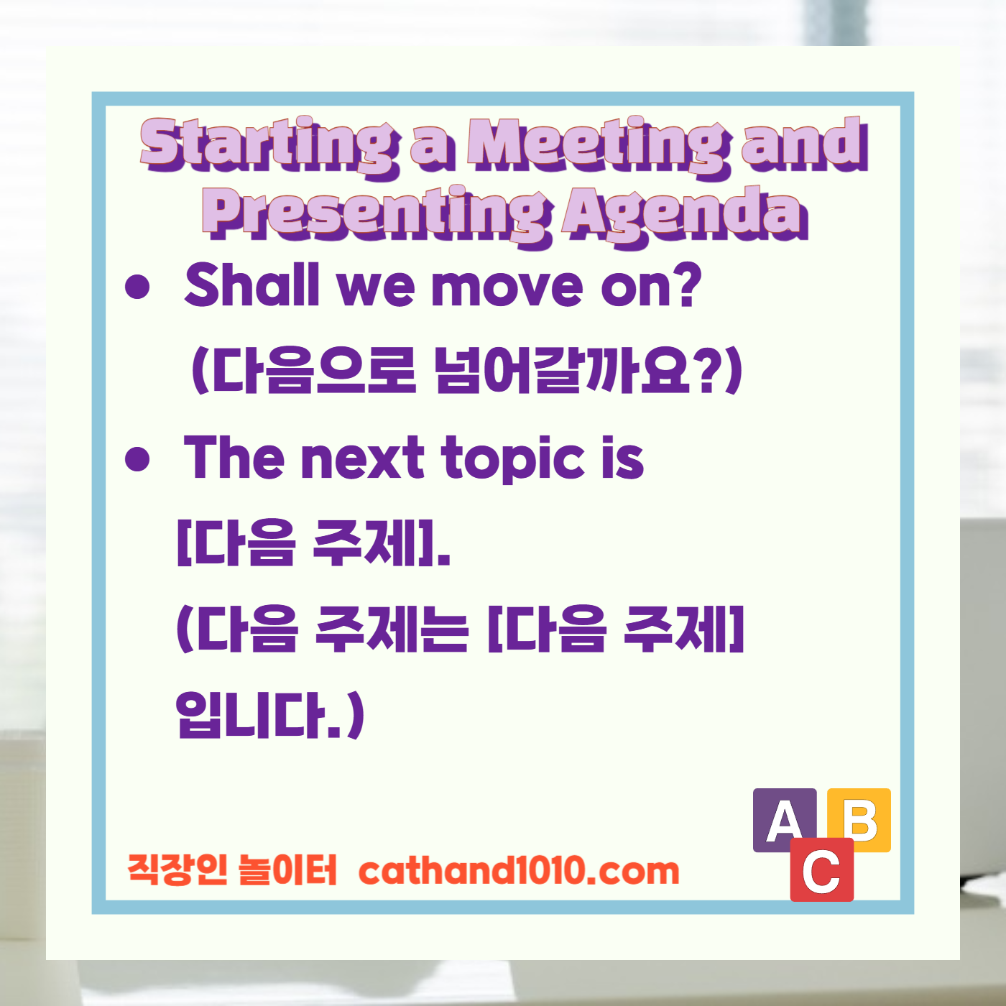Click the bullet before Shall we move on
pyautogui.click(x=137, y=287)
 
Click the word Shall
pyautogui.click(x=251, y=285)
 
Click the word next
pyautogui.click(x=364, y=458)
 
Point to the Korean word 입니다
pyautogui.click(x=259, y=715)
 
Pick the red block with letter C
pyautogui.click(x=822, y=871)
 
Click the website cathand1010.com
pyautogui.click(x=519, y=871)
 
